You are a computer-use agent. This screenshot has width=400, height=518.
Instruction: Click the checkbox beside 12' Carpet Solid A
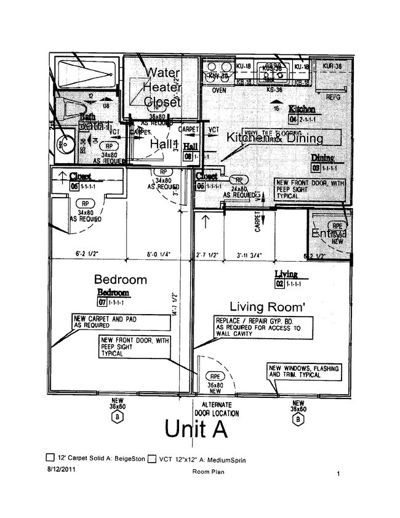pos(50,458)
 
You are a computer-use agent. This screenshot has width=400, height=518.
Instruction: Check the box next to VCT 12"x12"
pos(151,458)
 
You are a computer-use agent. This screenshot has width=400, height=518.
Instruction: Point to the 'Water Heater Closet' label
pos(162,87)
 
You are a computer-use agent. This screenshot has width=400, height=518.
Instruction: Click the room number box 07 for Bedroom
pos(102,303)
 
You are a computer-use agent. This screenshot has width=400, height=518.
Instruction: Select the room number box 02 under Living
pos(279,284)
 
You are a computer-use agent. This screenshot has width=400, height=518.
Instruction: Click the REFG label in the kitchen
pos(333,97)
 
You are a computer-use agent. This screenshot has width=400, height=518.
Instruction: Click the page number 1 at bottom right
pos(338,474)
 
